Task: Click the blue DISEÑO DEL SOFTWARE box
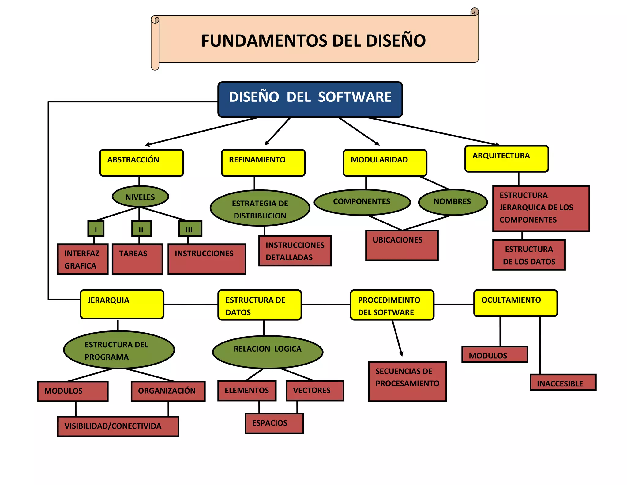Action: [310, 99]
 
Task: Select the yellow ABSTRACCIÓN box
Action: [141, 163]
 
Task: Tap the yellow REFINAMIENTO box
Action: [263, 163]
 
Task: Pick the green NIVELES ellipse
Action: [140, 197]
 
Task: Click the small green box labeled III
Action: [190, 229]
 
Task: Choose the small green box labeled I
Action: [96, 229]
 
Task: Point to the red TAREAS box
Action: [137, 259]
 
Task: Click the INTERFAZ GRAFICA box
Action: [83, 259]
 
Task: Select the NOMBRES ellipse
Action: [452, 202]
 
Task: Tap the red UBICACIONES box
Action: [402, 245]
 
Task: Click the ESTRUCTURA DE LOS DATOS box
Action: [529, 255]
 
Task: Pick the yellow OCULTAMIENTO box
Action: [515, 303]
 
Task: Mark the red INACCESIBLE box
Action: [563, 382]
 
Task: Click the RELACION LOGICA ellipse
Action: [268, 351]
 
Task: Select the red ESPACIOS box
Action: [274, 423]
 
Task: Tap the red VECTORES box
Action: [315, 391]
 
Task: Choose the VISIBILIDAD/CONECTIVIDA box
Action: [118, 426]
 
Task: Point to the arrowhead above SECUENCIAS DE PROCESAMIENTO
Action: [401, 354]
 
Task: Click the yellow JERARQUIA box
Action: [122, 304]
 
